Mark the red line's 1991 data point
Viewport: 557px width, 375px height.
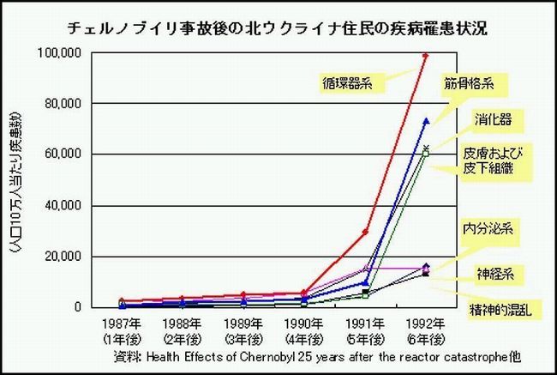tap(365, 232)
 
